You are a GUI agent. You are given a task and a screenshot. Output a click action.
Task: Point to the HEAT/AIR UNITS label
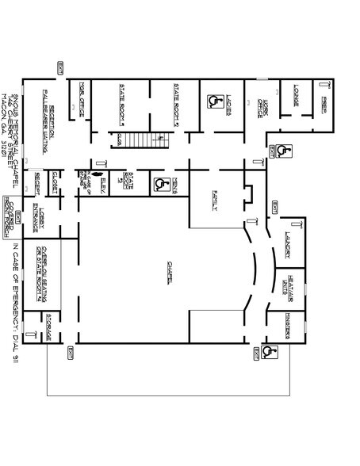287,285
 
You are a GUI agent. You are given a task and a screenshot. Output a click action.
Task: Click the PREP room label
324,103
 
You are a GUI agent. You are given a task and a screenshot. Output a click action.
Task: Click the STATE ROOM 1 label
123,104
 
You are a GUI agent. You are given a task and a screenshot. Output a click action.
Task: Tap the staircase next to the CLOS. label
155,139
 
